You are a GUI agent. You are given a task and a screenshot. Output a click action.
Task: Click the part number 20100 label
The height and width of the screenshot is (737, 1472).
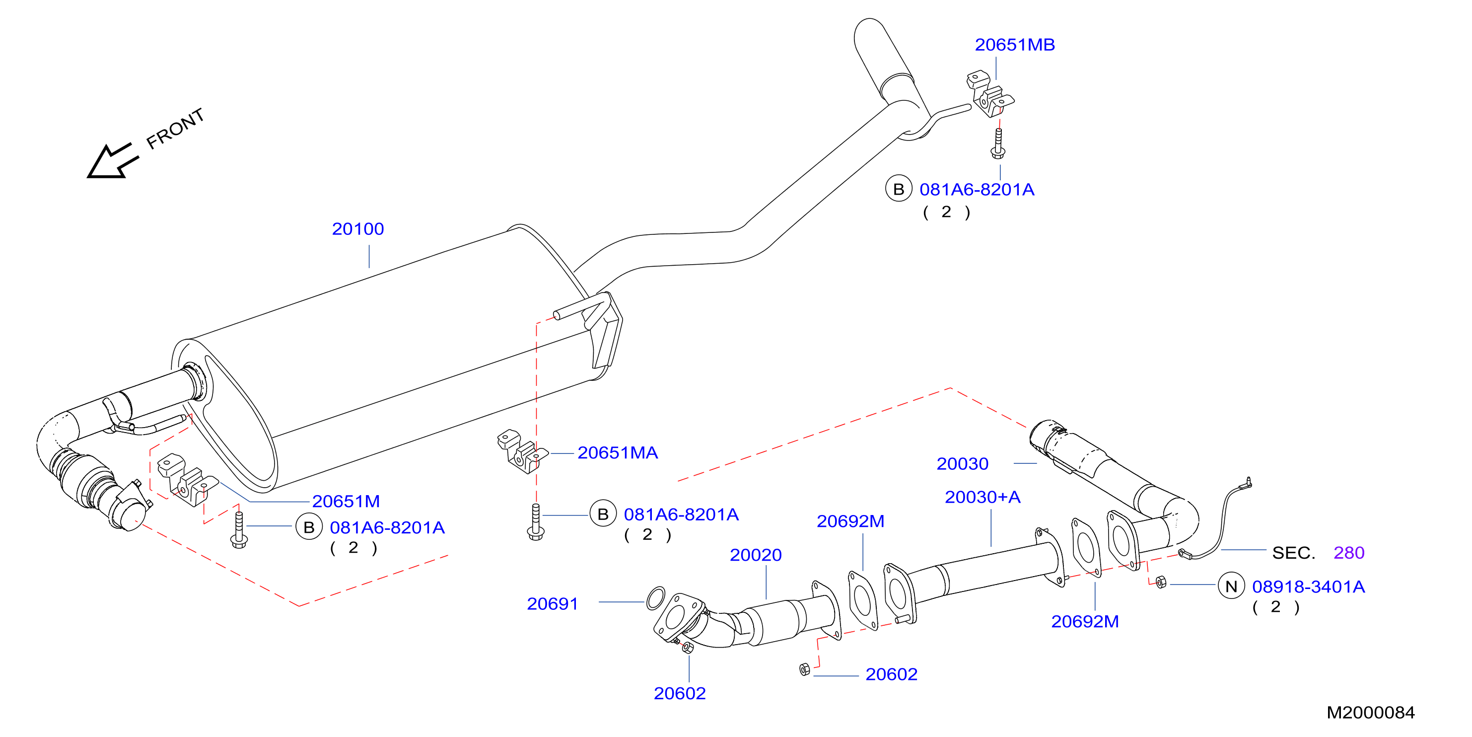(358, 229)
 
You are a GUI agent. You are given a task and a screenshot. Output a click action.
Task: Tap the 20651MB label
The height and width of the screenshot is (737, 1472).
(1014, 45)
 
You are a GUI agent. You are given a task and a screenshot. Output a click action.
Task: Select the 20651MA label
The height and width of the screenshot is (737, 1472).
(618, 453)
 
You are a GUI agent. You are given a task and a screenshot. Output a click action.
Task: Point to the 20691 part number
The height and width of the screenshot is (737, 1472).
(552, 604)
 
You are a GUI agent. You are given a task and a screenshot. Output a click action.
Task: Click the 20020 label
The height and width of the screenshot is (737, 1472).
(756, 555)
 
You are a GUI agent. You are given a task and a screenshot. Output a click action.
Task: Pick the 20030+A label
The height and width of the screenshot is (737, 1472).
(982, 497)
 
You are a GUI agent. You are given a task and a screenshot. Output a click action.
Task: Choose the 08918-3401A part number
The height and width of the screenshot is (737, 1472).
(1308, 587)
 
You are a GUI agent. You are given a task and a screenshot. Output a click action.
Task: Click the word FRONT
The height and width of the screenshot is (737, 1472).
(175, 129)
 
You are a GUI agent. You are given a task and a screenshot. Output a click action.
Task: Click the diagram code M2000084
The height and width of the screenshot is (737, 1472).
(1370, 712)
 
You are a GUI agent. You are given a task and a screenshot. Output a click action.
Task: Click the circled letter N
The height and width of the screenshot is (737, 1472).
(1231, 586)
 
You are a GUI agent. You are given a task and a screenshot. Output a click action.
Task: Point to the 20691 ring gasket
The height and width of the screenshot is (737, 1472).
(655, 598)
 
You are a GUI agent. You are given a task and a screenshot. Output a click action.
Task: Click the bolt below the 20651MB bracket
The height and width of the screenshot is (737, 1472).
(998, 144)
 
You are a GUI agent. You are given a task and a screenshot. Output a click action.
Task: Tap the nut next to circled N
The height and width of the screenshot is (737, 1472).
(1161, 583)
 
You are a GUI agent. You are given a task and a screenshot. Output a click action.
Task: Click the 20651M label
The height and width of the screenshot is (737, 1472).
(346, 502)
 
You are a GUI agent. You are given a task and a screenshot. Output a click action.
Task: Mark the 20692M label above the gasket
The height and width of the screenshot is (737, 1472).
(850, 521)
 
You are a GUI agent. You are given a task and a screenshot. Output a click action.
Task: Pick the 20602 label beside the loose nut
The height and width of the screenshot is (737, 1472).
(892, 675)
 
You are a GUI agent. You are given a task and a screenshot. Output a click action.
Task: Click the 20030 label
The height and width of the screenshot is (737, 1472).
(962, 464)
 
